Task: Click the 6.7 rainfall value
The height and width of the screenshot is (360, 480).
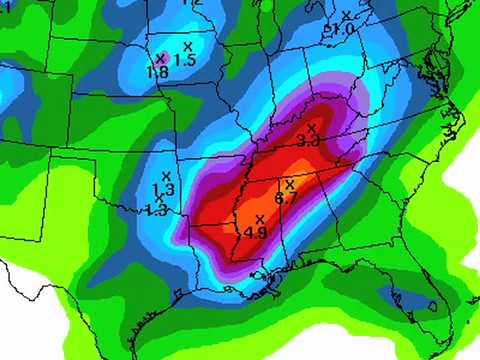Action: click(x=286, y=199)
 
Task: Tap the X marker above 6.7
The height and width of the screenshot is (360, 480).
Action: click(x=290, y=184)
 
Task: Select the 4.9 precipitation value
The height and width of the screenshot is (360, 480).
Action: click(x=255, y=233)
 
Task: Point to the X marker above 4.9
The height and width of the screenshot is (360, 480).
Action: click(x=259, y=218)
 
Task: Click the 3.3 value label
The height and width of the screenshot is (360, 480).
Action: click(x=308, y=142)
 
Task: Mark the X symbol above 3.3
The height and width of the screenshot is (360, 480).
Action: click(x=312, y=128)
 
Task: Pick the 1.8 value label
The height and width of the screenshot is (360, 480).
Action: click(x=157, y=72)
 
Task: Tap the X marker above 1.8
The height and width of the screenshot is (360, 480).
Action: click(x=160, y=58)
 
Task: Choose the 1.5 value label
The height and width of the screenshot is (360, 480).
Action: click(x=185, y=61)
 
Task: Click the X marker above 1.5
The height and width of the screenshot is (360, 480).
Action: click(x=187, y=47)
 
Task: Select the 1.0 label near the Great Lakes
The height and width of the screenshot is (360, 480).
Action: click(x=343, y=30)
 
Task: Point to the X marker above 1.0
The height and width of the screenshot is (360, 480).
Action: click(x=346, y=15)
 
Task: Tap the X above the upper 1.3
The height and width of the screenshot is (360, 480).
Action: click(x=166, y=176)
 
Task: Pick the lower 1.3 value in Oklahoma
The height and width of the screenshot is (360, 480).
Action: click(x=156, y=210)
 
